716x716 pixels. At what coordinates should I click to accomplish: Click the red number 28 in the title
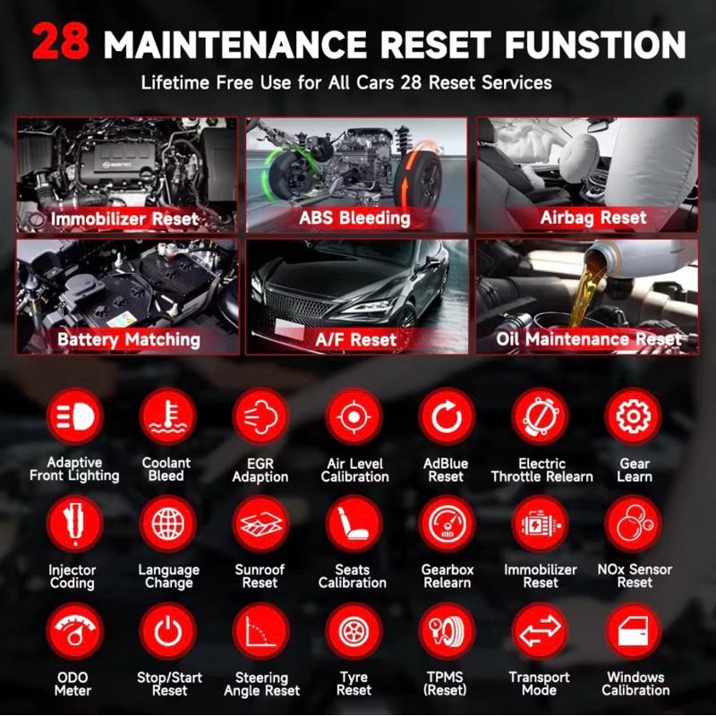pos(61,42)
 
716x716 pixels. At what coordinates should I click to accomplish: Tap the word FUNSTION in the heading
pos(594,44)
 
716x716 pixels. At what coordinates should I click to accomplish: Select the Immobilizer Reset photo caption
pos(124,218)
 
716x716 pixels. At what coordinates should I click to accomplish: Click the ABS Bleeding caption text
pos(354,218)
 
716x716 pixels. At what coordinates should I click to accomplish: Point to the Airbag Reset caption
pos(593,217)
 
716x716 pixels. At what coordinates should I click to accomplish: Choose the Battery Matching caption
pos(129,340)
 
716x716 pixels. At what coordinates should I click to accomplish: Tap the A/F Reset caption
pos(355,340)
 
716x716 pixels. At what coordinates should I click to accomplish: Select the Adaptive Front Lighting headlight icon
pos(74,416)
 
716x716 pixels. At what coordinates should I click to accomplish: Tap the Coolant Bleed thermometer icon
pos(168,416)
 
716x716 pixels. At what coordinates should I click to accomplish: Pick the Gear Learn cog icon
pos(633,416)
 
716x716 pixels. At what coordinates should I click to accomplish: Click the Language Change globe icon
pos(168,524)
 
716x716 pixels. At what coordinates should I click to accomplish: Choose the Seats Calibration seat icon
pos(354,524)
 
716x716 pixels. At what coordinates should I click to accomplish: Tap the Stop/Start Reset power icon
pos(168,631)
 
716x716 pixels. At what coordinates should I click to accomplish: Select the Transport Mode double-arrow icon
pos(541,631)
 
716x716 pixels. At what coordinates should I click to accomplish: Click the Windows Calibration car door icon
pos(633,631)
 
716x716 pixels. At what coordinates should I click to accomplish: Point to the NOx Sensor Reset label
pos(635,575)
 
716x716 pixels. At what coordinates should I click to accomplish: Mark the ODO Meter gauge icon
pos(74,631)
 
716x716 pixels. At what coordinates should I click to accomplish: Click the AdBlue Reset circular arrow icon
pos(447,416)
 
